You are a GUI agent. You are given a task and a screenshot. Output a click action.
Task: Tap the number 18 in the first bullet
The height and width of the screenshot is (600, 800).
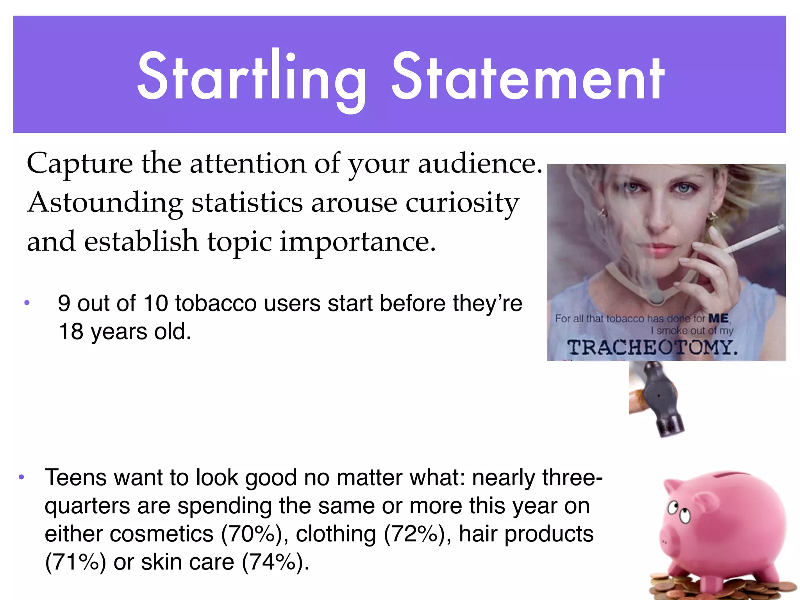(x=71, y=332)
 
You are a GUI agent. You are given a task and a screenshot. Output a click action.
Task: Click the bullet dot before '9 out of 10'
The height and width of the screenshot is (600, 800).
(x=27, y=303)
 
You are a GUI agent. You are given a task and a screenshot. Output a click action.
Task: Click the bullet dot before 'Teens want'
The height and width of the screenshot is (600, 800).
(x=21, y=477)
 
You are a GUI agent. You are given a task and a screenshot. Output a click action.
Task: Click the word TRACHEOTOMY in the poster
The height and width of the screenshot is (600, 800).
(x=652, y=347)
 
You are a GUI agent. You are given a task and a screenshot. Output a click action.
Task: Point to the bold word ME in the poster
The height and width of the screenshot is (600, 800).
(x=718, y=319)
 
